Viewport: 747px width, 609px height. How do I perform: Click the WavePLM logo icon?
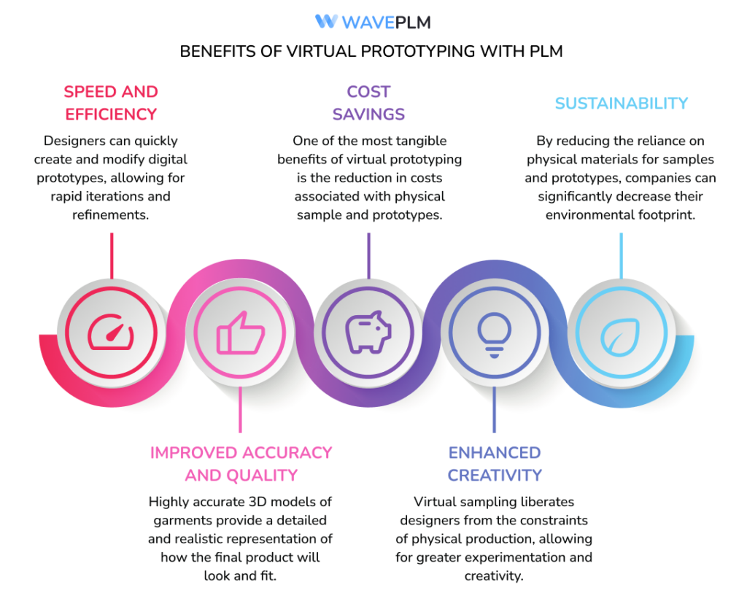(x=325, y=22)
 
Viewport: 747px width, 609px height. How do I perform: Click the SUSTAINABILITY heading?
(x=621, y=103)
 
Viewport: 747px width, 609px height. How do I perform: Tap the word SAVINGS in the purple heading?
(x=368, y=115)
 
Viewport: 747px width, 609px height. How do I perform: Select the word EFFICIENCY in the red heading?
(x=111, y=115)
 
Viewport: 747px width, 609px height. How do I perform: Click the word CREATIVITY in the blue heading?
(x=495, y=476)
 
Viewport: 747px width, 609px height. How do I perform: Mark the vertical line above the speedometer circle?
(x=111, y=255)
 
